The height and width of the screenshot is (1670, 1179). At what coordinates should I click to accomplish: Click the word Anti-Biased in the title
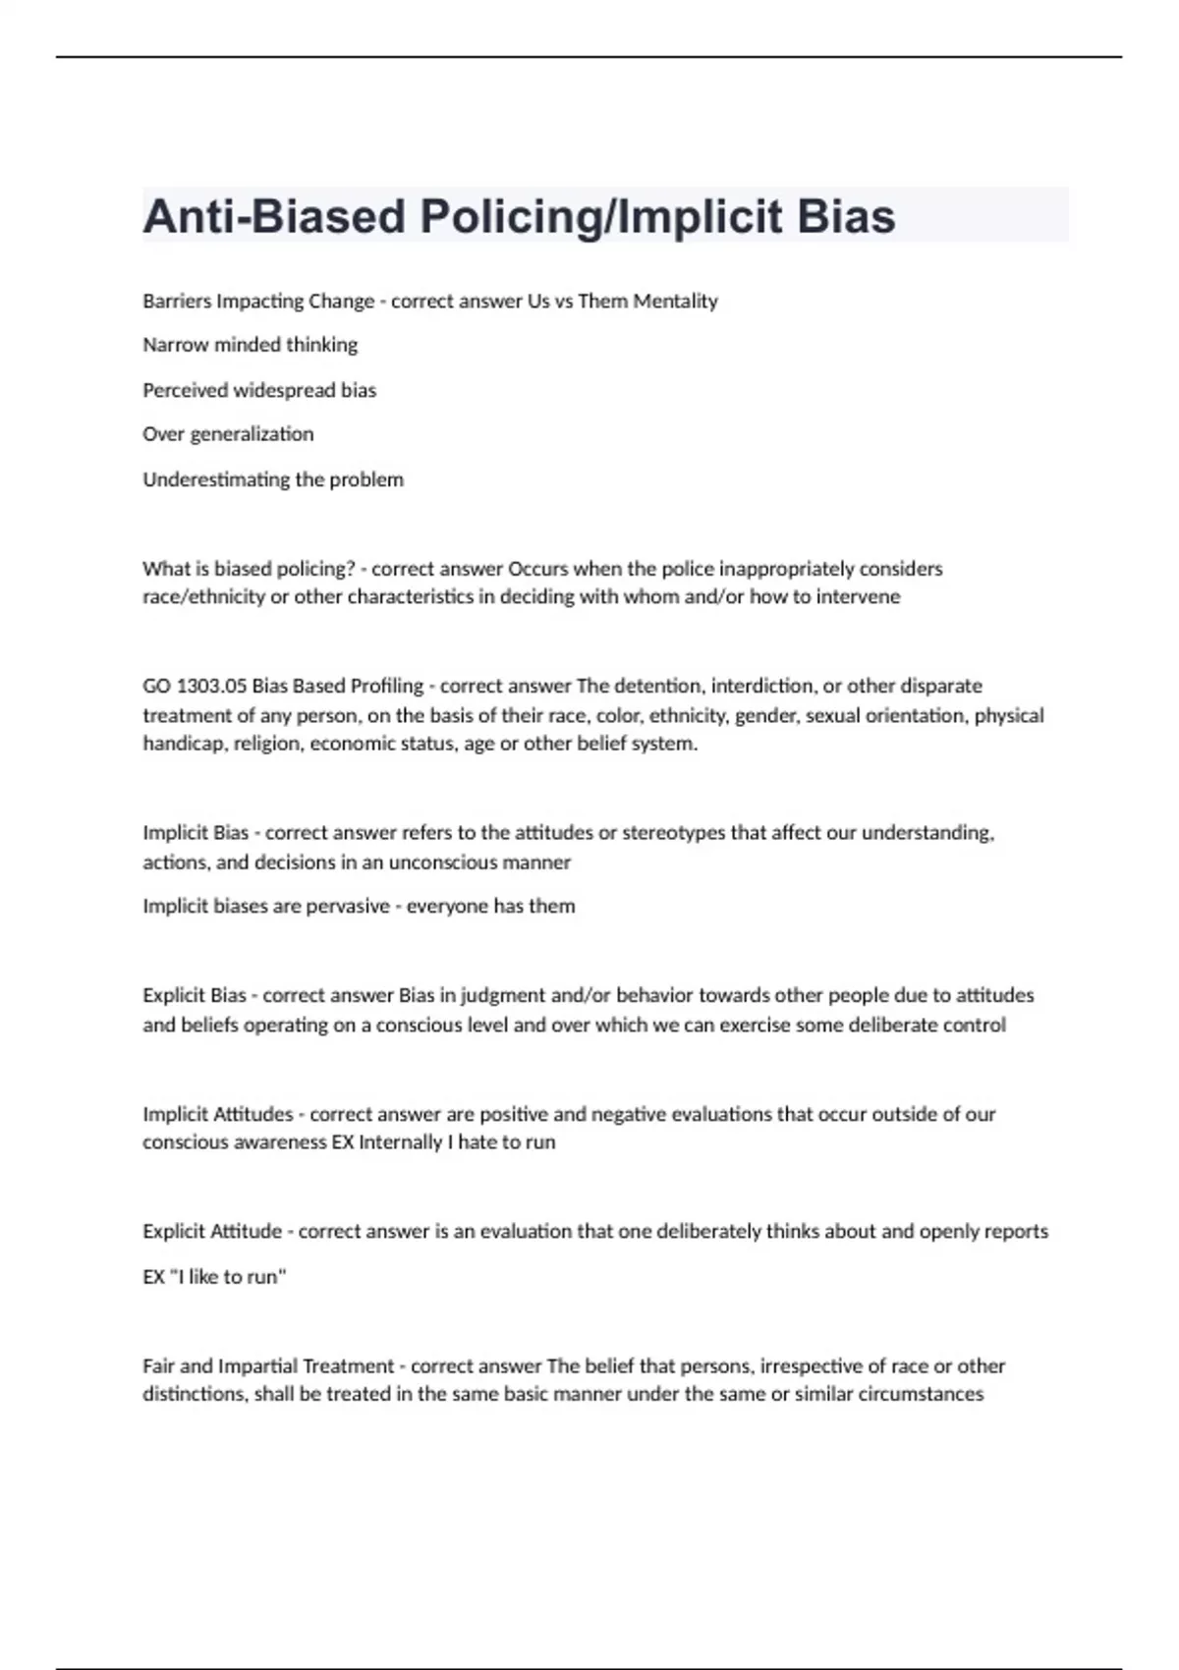tap(274, 216)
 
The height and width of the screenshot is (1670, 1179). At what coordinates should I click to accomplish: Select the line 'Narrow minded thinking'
tap(251, 345)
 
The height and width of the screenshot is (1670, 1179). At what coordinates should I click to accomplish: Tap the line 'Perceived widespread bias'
tap(259, 390)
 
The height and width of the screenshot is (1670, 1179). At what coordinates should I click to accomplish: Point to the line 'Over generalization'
tap(228, 434)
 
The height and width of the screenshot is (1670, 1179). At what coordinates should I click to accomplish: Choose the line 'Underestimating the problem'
tap(273, 479)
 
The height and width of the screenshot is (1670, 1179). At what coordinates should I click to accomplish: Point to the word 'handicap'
tap(184, 744)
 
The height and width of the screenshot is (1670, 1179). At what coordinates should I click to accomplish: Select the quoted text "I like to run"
tap(227, 1277)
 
